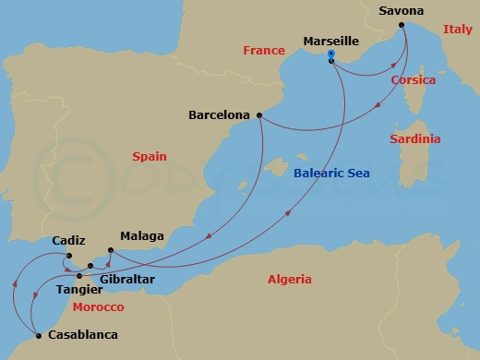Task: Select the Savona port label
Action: [x=402, y=11]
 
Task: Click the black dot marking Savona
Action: [x=402, y=26]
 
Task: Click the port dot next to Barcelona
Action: [x=259, y=115]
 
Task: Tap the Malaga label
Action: [x=141, y=237]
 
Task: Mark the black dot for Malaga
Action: [x=110, y=250]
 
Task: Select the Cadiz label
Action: [x=70, y=241]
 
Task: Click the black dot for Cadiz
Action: [x=69, y=256]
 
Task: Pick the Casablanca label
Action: [x=82, y=335]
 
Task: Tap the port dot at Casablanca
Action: [x=38, y=335]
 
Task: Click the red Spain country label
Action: [x=150, y=157]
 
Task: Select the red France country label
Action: [x=264, y=52]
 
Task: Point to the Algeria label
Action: [x=290, y=279]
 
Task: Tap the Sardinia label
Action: [x=414, y=138]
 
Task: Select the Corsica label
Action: [x=414, y=80]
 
